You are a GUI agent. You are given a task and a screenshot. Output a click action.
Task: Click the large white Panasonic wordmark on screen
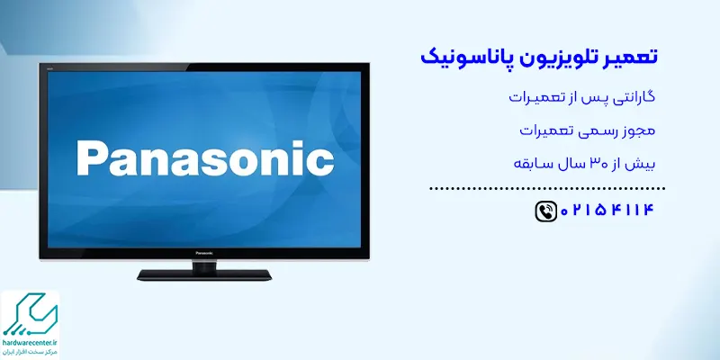(205, 158)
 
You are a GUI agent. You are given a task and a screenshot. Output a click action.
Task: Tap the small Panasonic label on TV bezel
(204, 253)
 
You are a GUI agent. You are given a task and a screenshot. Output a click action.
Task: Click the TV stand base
(204, 275)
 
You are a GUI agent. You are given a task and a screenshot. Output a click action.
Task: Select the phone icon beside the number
(546, 211)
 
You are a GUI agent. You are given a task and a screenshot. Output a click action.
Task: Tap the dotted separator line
(547, 188)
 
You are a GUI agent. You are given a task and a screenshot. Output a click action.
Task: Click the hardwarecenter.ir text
(31, 343)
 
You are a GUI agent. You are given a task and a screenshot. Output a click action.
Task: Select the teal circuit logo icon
(31, 313)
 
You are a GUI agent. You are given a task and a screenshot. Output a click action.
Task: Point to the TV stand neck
(204, 265)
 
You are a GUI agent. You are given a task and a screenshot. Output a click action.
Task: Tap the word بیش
(643, 164)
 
